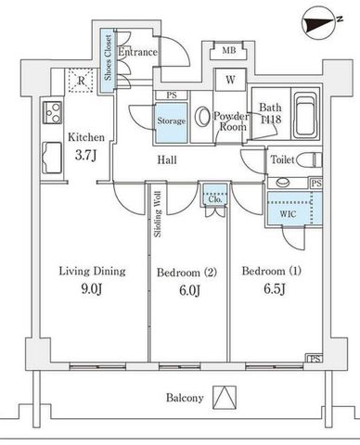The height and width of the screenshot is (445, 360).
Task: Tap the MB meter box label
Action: tap(229, 50)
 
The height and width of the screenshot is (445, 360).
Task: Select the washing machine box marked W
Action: tap(230, 80)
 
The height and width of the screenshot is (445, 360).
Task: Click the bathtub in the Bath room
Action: tap(306, 115)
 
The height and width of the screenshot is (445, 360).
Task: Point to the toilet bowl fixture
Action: tap(309, 160)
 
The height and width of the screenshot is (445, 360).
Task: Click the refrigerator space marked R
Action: tap(81, 81)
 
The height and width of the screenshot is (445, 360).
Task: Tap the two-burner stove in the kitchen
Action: tap(52, 112)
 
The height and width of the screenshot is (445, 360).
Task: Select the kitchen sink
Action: tap(52, 158)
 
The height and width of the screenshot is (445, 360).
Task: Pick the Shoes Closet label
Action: tap(108, 57)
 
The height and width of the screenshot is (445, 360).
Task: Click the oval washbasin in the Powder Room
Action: tap(201, 117)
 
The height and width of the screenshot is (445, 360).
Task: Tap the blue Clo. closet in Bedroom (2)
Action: tap(215, 195)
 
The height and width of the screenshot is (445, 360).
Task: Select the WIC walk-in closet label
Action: tap(288, 214)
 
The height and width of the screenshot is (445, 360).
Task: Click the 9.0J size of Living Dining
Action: tap(92, 289)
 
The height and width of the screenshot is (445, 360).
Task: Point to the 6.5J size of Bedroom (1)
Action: tap(275, 289)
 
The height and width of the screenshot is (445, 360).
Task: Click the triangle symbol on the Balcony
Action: tap(225, 398)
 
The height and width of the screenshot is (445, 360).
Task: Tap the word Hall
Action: tap(167, 160)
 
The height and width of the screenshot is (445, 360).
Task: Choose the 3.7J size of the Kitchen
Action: tap(85, 155)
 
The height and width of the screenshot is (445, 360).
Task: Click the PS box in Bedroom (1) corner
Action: tap(315, 359)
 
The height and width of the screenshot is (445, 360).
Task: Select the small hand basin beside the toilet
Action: tap(283, 183)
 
